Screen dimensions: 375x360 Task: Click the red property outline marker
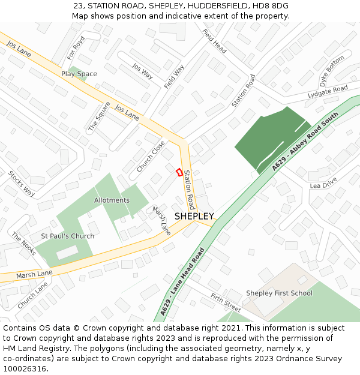[179, 172]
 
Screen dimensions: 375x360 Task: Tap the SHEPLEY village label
[194, 216]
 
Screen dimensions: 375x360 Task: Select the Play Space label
[79, 74]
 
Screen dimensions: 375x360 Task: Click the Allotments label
[112, 200]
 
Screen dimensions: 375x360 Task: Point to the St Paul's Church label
[67, 236]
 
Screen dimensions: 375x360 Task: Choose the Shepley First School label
[279, 293]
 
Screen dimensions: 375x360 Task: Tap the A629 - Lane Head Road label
[182, 283]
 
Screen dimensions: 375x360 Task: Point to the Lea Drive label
[323, 186]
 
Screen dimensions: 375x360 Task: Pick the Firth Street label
[226, 304]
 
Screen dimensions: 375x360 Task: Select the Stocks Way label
[21, 184]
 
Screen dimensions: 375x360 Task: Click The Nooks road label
[24, 245]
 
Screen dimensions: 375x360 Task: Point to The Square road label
[95, 116]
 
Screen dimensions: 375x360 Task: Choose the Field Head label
[214, 41]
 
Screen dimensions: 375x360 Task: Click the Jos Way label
[142, 71]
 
